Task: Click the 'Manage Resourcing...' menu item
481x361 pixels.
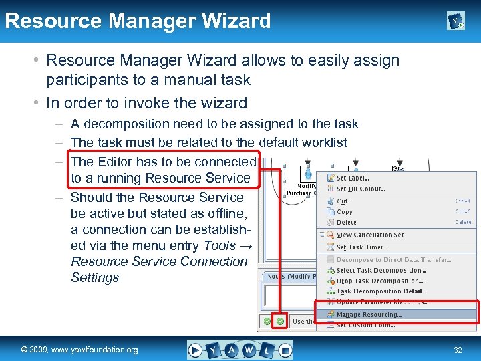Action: (369, 314)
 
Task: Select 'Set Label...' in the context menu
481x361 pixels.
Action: (353, 178)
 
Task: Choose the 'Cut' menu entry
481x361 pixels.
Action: (342, 201)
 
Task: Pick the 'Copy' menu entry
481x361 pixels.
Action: (345, 211)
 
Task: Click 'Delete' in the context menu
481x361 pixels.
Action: (347, 222)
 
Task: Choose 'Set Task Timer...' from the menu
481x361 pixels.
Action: (362, 247)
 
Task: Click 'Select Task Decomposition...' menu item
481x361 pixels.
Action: (379, 271)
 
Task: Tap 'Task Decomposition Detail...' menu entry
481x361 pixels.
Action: (381, 291)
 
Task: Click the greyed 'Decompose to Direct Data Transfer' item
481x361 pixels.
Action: (393, 259)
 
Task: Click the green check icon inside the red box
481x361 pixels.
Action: (281, 321)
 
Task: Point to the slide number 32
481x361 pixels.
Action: (458, 350)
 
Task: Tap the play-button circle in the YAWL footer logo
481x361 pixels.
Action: (195, 349)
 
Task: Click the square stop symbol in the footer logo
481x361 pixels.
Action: (285, 349)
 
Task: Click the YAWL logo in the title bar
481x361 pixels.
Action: (456, 22)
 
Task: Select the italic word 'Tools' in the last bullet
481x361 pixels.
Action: (220, 245)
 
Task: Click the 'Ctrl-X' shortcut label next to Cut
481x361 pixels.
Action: (463, 201)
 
